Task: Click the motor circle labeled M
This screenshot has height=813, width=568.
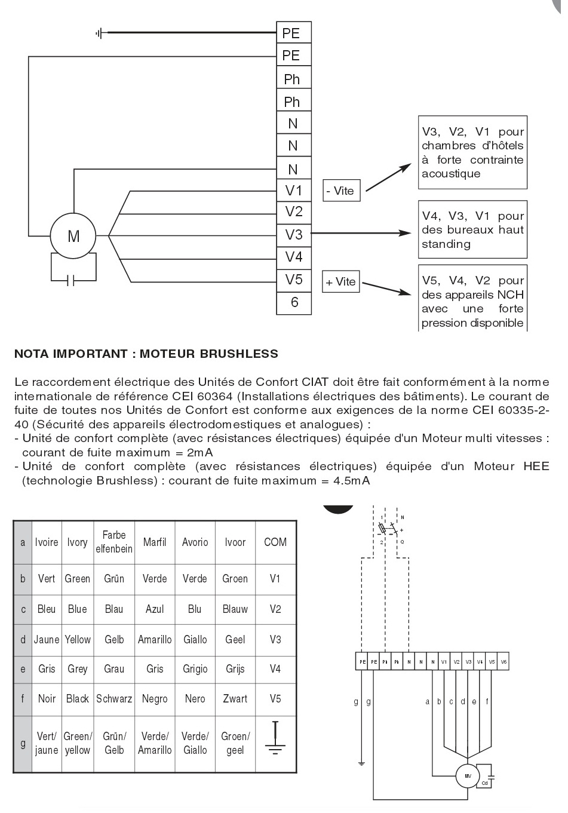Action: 73,237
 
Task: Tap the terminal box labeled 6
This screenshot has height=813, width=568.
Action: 294,302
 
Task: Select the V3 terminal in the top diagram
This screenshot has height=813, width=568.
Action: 294,235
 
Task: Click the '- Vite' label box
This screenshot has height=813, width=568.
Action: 340,191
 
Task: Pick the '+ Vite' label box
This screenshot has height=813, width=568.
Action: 340,282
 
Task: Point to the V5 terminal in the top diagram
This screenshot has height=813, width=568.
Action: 294,280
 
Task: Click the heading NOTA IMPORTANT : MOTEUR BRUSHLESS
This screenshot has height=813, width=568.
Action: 146,354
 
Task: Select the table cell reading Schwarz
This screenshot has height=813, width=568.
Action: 114,698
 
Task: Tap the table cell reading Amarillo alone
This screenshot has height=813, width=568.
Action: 155,639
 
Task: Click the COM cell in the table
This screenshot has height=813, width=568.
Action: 275,542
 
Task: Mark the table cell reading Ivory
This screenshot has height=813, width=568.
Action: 77,542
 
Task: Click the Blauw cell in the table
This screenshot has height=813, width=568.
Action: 235,609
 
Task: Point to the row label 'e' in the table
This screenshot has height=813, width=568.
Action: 23,669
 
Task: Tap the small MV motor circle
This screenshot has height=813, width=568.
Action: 466,776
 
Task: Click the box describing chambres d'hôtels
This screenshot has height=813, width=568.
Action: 472,152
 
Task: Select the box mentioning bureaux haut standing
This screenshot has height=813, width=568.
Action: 472,230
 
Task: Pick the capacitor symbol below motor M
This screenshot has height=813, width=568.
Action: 73,280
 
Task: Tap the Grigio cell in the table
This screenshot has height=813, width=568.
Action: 195,669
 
